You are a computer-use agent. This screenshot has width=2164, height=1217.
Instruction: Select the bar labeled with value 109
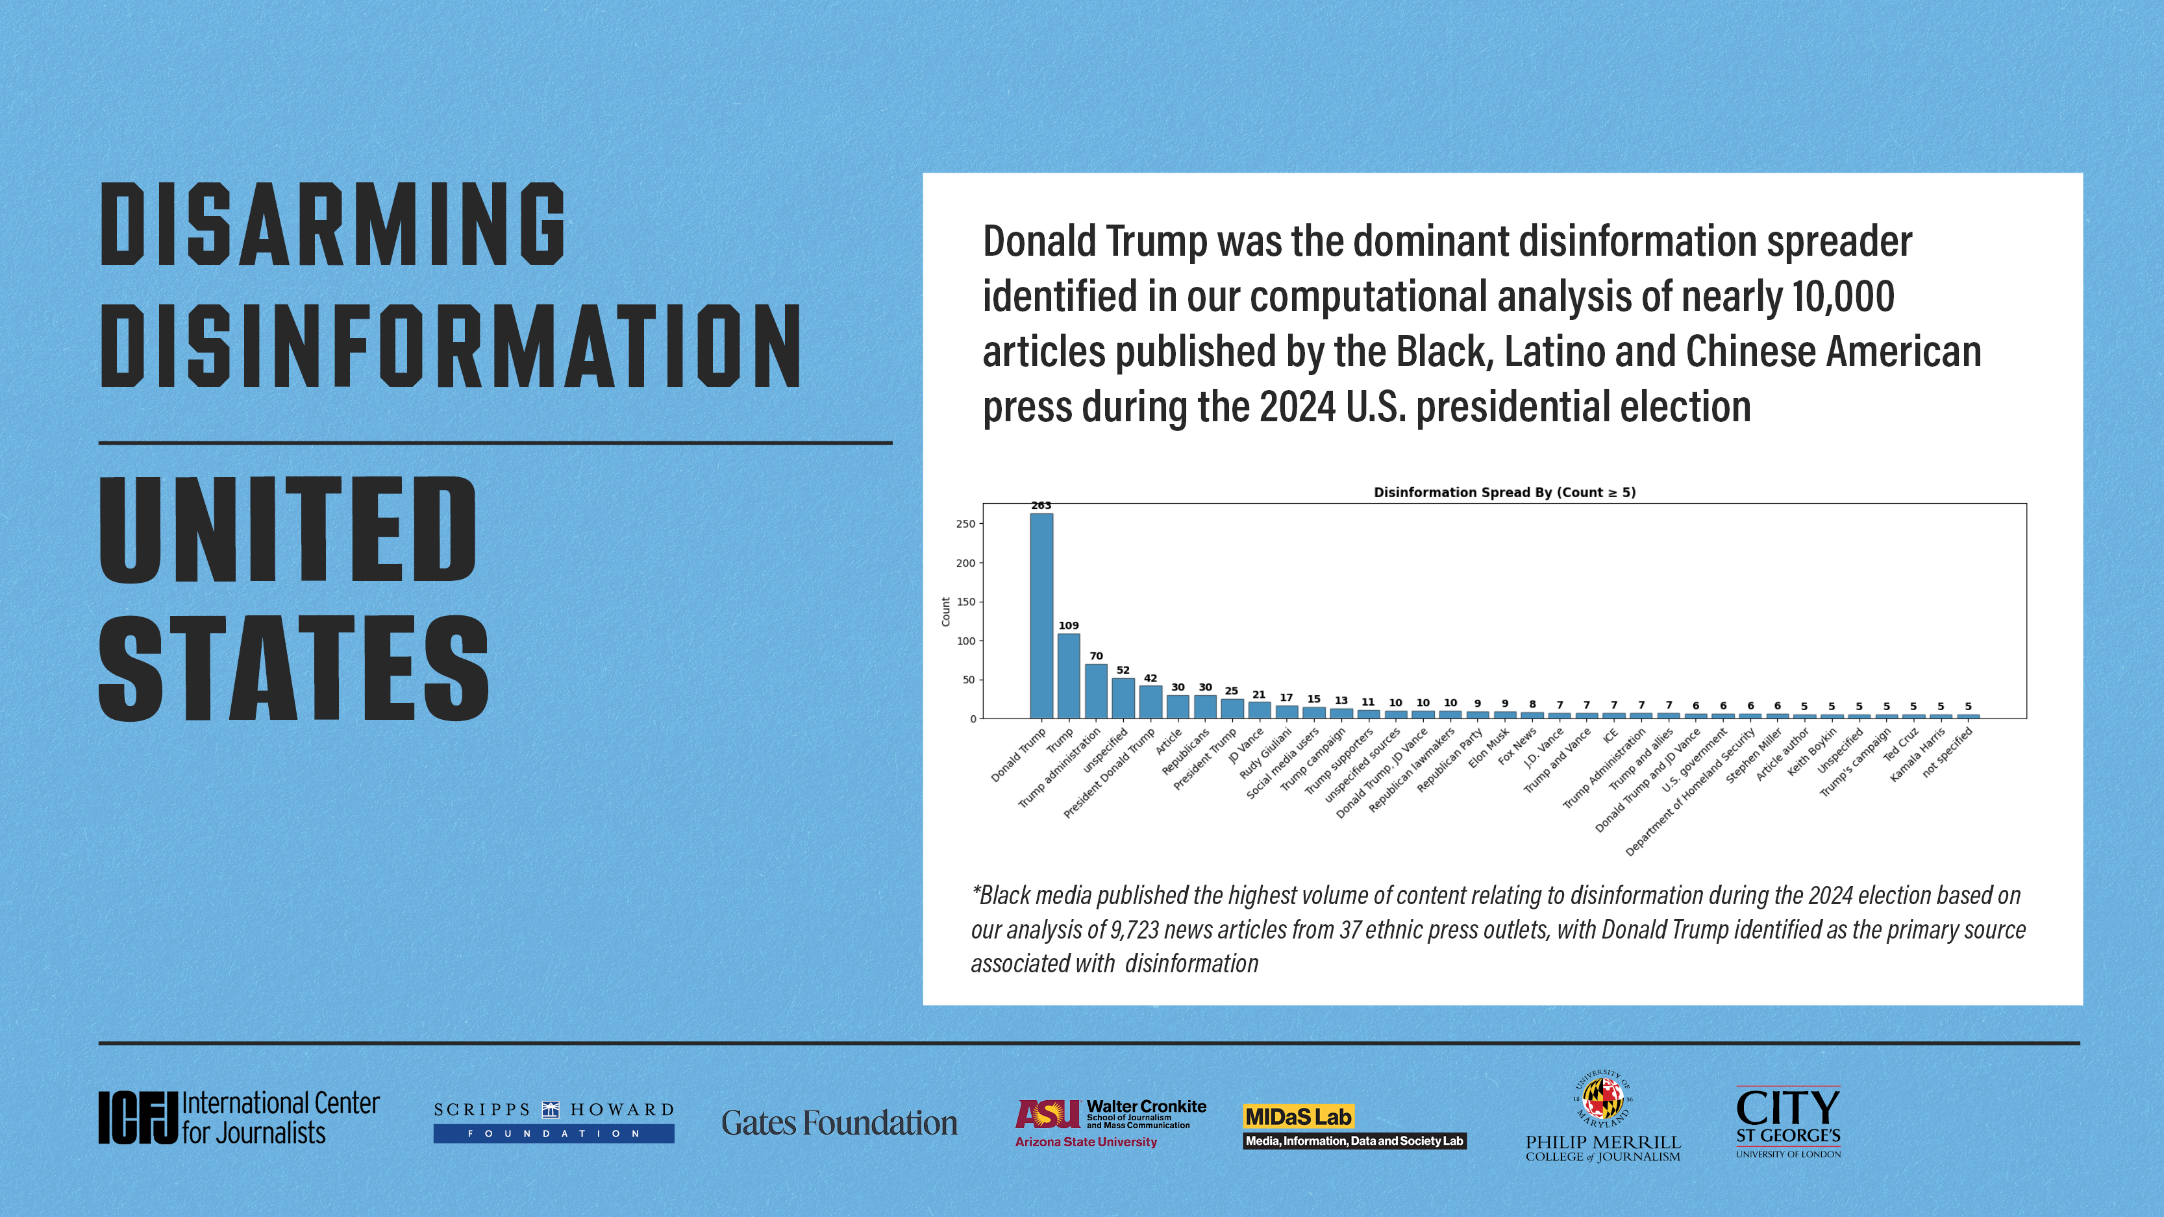pos(1069,676)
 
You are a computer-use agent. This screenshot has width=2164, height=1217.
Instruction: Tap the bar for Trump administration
pos(1095,691)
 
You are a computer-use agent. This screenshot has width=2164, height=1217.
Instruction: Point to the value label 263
pos(1041,506)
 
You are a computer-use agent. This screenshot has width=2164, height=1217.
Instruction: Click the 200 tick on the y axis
pos(965,563)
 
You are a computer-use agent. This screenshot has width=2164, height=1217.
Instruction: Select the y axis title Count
pos(946,611)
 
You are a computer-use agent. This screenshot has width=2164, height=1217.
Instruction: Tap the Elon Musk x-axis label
pos(1489,748)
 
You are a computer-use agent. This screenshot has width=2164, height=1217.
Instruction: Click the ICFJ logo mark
pos(138,1117)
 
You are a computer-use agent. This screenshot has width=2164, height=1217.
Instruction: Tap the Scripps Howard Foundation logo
pos(554,1121)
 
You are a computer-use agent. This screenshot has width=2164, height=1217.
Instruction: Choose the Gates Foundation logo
pos(839,1123)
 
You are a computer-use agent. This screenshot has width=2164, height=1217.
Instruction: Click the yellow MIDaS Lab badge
pos(1298,1116)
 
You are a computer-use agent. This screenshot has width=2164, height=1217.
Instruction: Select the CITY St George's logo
pos(1787,1121)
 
